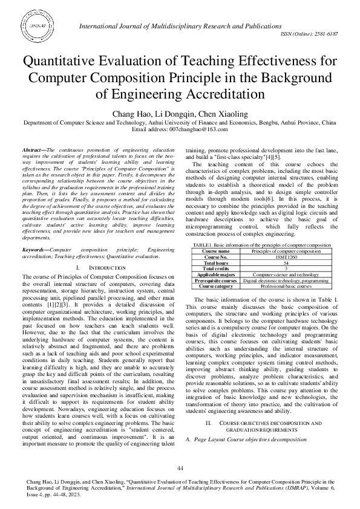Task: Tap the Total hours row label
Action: click(x=216, y=279)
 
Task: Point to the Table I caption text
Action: click(x=261, y=261)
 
